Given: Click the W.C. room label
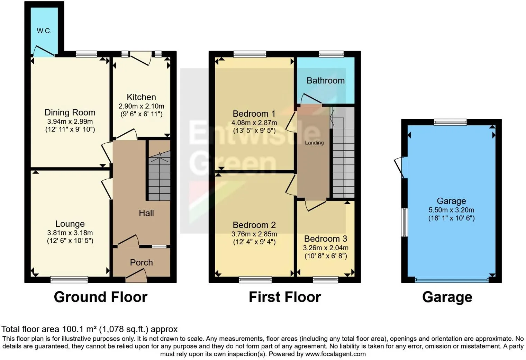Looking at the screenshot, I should (44, 31).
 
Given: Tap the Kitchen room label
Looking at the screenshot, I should (141, 97).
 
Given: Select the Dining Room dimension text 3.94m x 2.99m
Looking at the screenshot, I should (70, 121).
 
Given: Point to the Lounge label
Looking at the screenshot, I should (70, 224).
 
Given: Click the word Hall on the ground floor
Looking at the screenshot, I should (146, 213).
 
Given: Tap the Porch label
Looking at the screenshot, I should (141, 263).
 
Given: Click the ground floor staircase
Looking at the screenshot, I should (160, 177).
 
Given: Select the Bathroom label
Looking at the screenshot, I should (325, 81).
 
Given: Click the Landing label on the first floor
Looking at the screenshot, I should (314, 143).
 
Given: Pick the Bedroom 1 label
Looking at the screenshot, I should (254, 114).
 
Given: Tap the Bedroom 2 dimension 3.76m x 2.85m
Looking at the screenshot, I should (254, 234).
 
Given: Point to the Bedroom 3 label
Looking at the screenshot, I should (325, 239).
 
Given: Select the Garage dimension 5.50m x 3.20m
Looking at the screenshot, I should (451, 210).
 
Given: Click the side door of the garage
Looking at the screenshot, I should (401, 167).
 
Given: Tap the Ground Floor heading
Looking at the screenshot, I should (100, 297).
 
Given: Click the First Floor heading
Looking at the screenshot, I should (285, 297).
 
